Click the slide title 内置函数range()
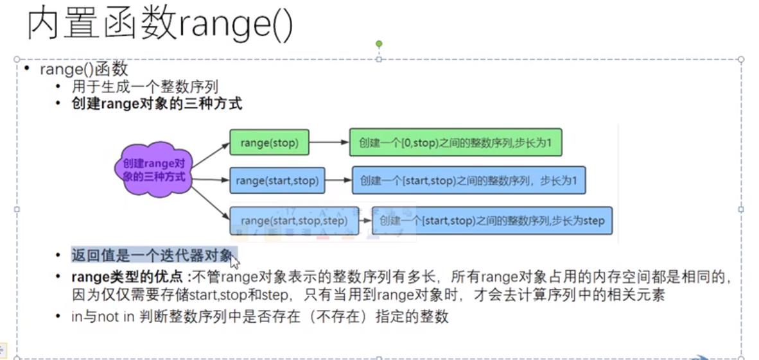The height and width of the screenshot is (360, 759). click(160, 25)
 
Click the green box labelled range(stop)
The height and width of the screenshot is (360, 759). click(270, 143)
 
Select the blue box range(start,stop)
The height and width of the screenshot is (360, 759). click(277, 181)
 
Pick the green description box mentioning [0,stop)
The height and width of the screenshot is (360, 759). click(455, 143)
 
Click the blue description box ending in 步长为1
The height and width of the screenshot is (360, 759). click(468, 181)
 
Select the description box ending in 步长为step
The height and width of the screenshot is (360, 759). click(492, 221)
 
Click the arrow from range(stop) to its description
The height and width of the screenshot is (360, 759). click(329, 143)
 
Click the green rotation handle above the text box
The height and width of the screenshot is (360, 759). click(379, 44)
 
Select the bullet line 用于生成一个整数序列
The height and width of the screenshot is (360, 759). click(144, 87)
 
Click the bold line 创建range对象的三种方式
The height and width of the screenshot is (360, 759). click(157, 103)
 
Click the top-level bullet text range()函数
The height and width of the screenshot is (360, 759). click(84, 69)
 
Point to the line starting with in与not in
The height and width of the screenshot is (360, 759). click(259, 316)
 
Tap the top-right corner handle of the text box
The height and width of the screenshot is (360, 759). click(741, 59)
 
